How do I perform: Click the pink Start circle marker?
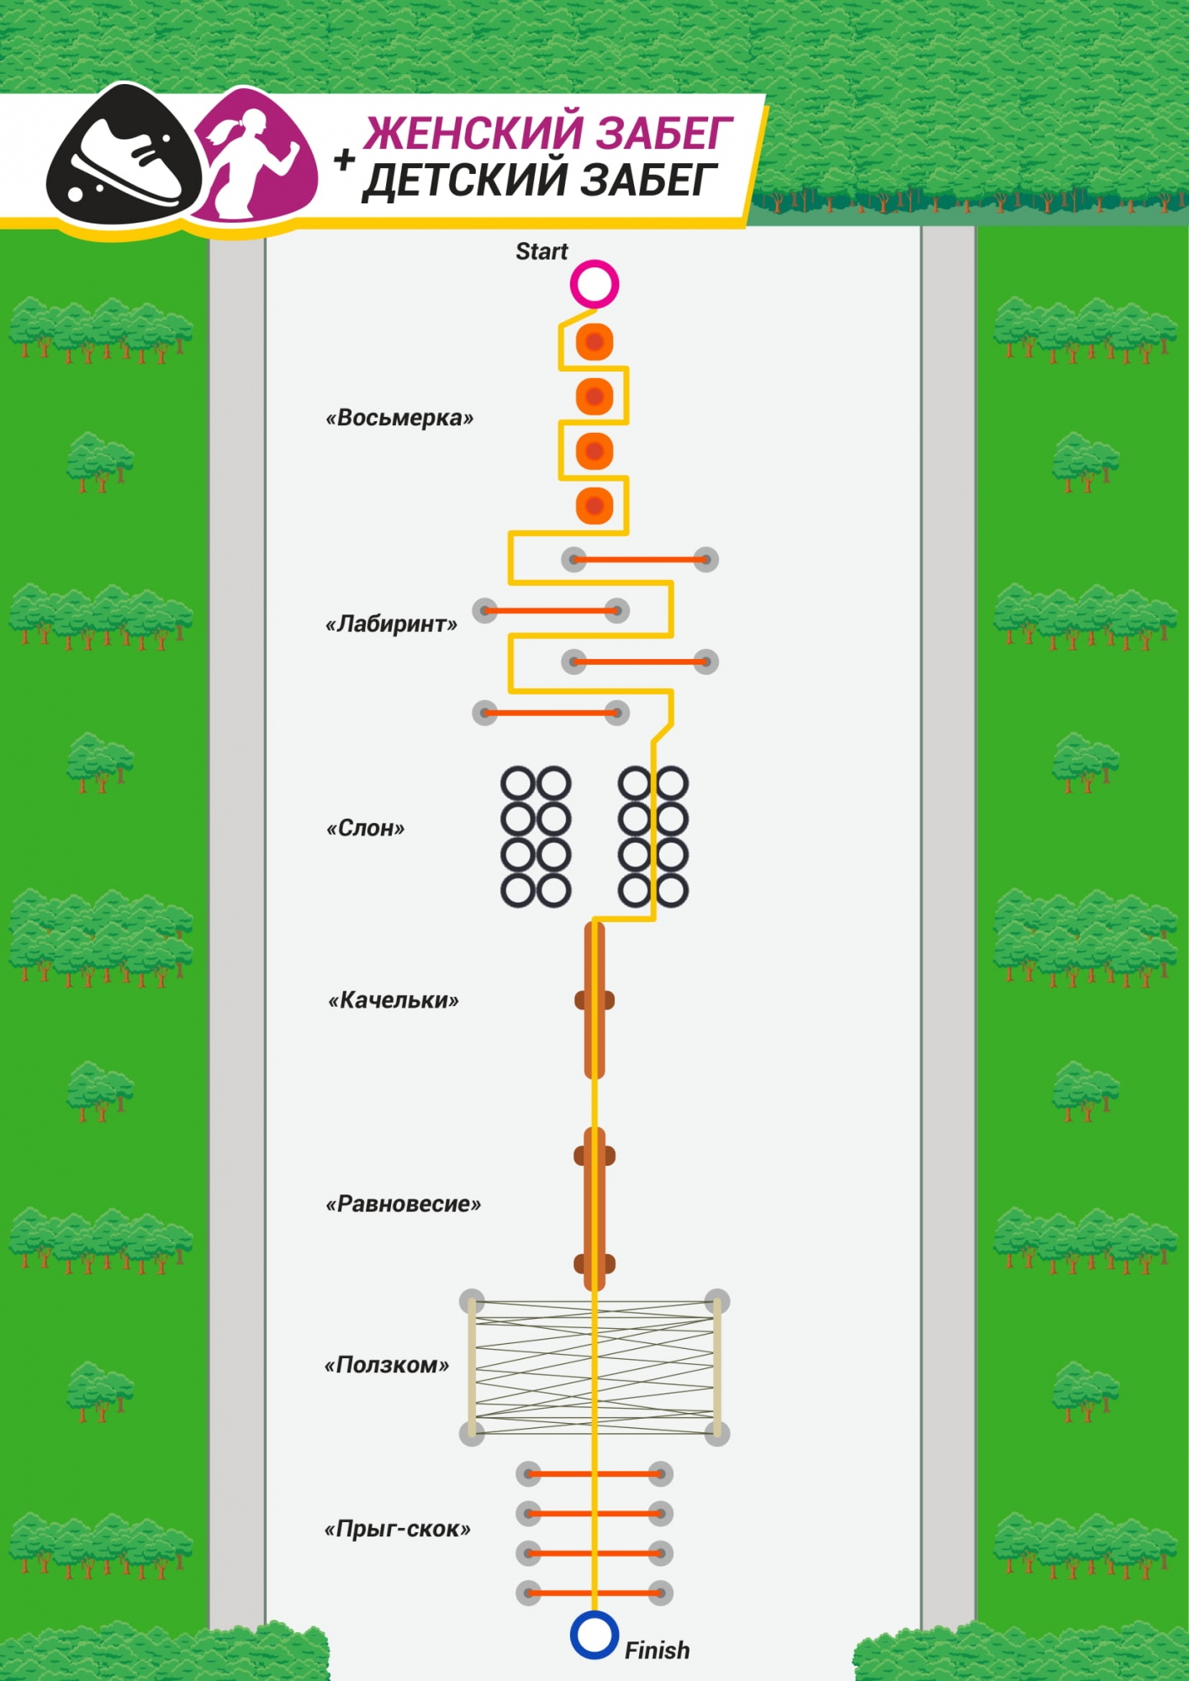pyautogui.click(x=594, y=284)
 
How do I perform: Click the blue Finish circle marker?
pyautogui.click(x=594, y=1635)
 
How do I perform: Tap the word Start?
pyautogui.click(x=542, y=251)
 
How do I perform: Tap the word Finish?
pyautogui.click(x=657, y=1651)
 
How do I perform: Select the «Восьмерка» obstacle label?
pyautogui.click(x=399, y=418)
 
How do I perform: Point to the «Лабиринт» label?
pyautogui.click(x=391, y=624)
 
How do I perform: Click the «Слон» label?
pyautogui.click(x=365, y=829)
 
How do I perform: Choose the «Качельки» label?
pyautogui.click(x=394, y=1000)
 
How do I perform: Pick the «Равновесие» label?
pyautogui.click(x=403, y=1204)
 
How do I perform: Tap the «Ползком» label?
pyautogui.click(x=387, y=1365)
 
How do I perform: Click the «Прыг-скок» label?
pyautogui.click(x=397, y=1529)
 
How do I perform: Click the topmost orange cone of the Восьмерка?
pyautogui.click(x=594, y=342)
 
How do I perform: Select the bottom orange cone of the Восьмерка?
pyautogui.click(x=594, y=506)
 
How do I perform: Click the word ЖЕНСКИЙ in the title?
pyautogui.click(x=471, y=133)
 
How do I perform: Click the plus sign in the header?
pyautogui.click(x=344, y=159)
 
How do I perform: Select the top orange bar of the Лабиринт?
pyautogui.click(x=640, y=559)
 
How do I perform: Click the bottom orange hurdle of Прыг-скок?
pyautogui.click(x=594, y=1593)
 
